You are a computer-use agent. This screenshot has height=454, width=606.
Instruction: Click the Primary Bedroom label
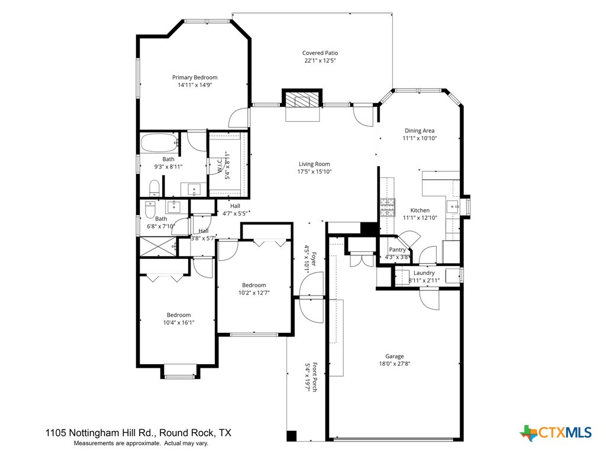click(195, 77)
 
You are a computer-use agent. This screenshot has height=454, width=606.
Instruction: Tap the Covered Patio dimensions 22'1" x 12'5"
click(321, 61)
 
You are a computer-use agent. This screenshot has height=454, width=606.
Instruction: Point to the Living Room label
click(314, 164)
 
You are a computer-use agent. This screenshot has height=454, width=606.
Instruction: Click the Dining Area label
click(420, 131)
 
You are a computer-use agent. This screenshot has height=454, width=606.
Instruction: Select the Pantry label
click(397, 250)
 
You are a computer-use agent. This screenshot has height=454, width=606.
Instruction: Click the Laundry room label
click(424, 273)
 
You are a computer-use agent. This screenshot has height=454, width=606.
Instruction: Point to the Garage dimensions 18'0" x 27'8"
click(395, 364)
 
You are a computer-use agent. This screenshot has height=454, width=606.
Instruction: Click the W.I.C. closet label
click(219, 166)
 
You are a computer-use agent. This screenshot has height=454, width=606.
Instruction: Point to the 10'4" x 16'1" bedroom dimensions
click(178, 323)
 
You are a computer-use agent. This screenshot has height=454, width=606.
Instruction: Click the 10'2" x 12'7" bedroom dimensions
click(254, 293)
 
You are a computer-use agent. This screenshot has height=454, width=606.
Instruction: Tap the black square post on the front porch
click(291, 436)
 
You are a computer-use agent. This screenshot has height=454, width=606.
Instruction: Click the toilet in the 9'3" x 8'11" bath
click(154, 189)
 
